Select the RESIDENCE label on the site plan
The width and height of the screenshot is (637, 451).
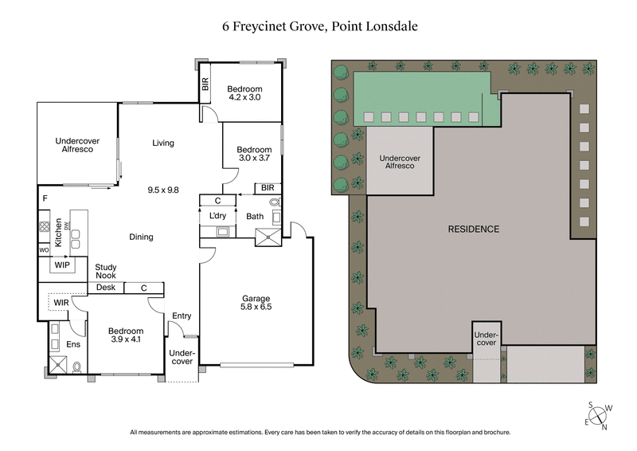pyautogui.click(x=473, y=229)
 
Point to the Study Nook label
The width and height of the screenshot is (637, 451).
pyautogui.click(x=106, y=272)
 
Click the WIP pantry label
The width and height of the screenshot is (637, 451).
pyautogui.click(x=61, y=265)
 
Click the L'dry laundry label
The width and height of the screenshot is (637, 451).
pyautogui.click(x=217, y=216)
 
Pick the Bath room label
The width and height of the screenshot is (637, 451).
pyautogui.click(x=255, y=216)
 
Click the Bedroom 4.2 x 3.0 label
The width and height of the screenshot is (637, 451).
pyautogui.click(x=244, y=93)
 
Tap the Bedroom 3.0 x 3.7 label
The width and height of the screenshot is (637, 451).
pyautogui.click(x=254, y=154)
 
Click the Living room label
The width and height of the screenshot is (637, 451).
pyautogui.click(x=163, y=143)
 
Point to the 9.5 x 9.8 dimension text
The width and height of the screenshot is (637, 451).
pyautogui.click(x=163, y=190)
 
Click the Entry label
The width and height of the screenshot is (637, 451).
pyautogui.click(x=182, y=316)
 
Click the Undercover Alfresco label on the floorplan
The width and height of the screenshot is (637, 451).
pyautogui.click(x=77, y=145)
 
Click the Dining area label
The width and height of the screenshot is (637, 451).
pyautogui.click(x=141, y=237)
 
